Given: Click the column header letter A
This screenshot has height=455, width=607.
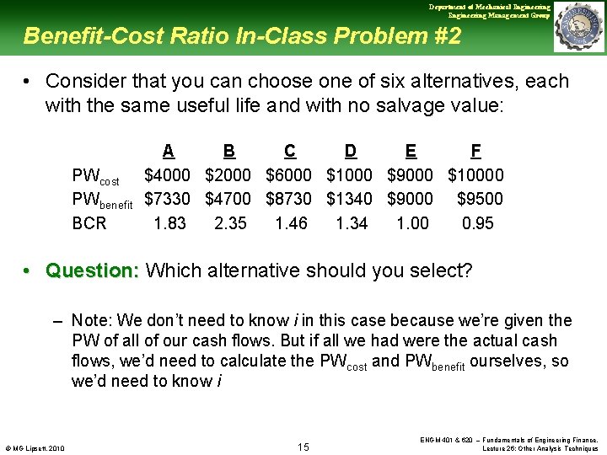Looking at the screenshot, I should [169, 151].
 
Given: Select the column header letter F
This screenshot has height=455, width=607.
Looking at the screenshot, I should [476, 151].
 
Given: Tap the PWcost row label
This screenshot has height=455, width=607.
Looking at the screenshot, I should [96, 176].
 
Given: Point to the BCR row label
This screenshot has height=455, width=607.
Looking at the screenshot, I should [89, 223].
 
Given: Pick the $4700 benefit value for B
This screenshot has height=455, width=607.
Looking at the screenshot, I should [228, 199].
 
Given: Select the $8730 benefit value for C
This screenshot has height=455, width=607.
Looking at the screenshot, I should [288, 199].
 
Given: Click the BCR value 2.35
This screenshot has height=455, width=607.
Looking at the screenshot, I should [230, 223].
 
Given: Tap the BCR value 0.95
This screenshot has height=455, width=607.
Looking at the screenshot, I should [478, 223].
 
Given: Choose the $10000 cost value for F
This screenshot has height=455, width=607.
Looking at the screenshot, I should [476, 175].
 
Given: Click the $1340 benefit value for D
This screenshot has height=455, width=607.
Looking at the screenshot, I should [349, 199].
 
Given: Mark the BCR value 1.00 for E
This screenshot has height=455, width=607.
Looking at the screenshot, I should [412, 223].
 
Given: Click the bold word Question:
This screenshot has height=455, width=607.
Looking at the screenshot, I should [93, 270].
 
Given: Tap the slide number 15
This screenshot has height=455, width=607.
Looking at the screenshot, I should [304, 446].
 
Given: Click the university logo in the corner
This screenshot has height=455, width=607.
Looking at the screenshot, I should [579, 27].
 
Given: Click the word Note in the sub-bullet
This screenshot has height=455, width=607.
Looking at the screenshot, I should [89, 320].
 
